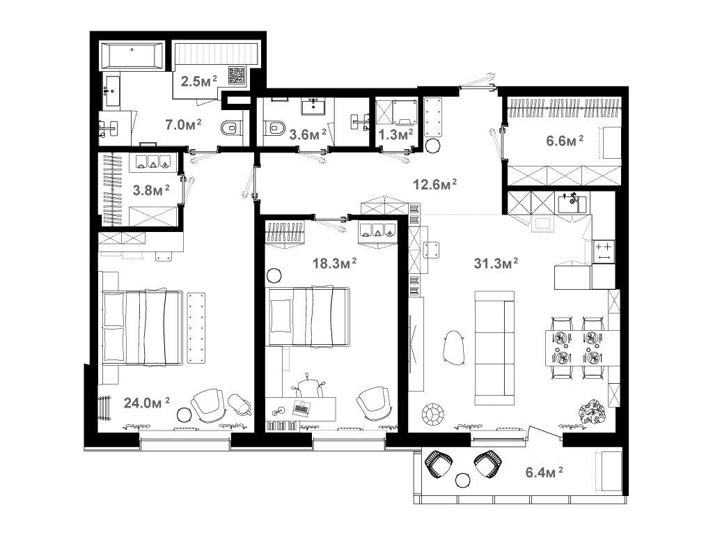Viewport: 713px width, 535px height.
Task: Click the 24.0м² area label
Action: (x=147, y=403)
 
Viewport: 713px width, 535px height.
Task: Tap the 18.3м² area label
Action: (x=334, y=263)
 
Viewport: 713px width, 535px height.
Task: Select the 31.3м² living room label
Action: (x=496, y=263)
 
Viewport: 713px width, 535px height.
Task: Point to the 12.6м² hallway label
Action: (x=434, y=184)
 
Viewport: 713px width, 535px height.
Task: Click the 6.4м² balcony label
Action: (x=544, y=472)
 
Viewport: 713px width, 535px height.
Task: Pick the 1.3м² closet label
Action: (x=395, y=134)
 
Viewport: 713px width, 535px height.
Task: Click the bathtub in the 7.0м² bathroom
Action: (x=132, y=56)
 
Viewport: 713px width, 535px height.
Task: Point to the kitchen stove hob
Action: (x=604, y=251)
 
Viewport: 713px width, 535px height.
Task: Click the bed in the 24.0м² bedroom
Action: (x=143, y=327)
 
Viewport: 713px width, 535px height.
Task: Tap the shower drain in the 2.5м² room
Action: (x=237, y=75)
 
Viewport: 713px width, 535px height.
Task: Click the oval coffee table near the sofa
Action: (x=453, y=347)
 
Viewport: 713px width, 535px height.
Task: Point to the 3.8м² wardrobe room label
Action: (x=151, y=189)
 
